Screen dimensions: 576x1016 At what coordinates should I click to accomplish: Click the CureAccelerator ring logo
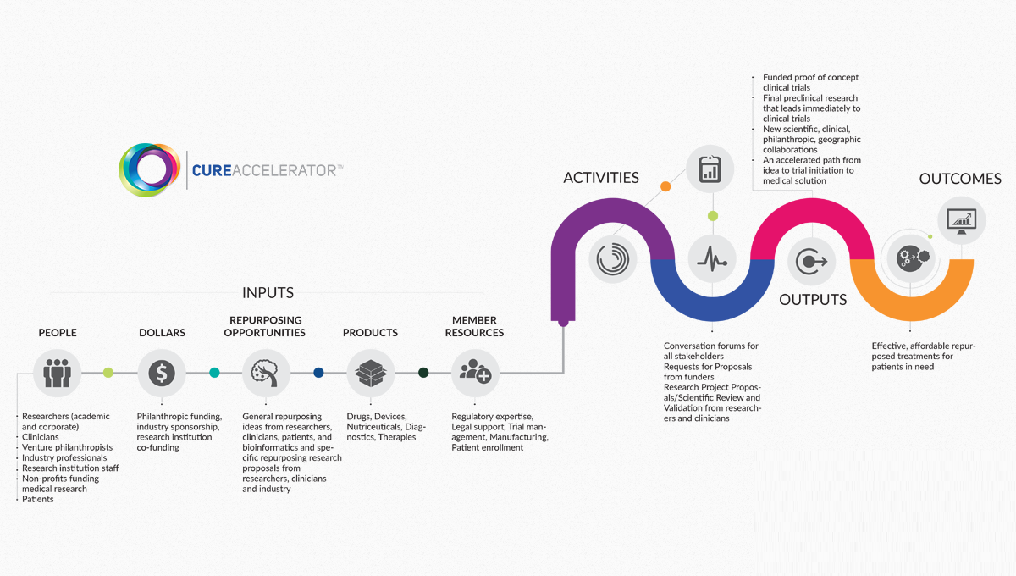[149, 169]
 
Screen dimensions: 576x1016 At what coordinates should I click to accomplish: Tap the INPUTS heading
[268, 293]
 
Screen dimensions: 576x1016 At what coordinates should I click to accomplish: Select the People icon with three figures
[57, 373]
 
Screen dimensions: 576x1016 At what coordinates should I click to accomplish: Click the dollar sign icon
[162, 373]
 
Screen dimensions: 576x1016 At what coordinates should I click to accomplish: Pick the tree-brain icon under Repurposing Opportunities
[266, 373]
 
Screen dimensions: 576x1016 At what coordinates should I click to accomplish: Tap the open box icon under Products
[371, 373]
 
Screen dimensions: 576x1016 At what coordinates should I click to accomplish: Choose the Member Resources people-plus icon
[475, 373]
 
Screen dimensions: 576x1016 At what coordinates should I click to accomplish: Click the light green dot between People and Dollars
[108, 373]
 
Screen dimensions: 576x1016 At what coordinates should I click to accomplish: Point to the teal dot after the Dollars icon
[214, 373]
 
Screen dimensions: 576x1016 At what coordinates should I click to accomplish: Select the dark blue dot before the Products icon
[318, 373]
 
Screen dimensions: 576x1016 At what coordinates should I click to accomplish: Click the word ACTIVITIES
[601, 178]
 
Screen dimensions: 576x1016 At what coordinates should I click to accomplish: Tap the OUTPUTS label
[813, 300]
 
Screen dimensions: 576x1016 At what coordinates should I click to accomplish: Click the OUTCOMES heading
[960, 179]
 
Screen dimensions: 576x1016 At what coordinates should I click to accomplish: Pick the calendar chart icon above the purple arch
[710, 169]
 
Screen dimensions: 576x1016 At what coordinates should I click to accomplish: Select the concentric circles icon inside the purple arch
[613, 259]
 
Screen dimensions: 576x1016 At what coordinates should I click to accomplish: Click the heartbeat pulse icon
[711, 259]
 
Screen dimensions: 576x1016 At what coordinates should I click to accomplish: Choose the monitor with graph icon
[961, 220]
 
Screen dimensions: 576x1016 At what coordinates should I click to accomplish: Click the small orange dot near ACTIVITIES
[665, 186]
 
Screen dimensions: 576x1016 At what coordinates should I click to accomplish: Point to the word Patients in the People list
[38, 499]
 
